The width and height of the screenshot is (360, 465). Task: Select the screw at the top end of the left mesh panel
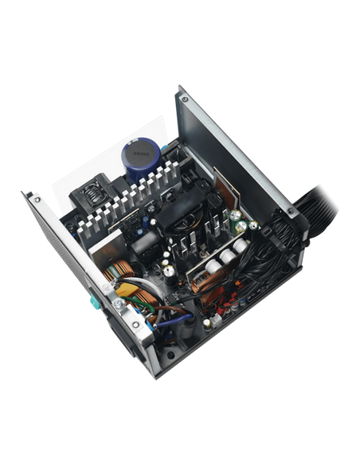[x=36, y=198]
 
